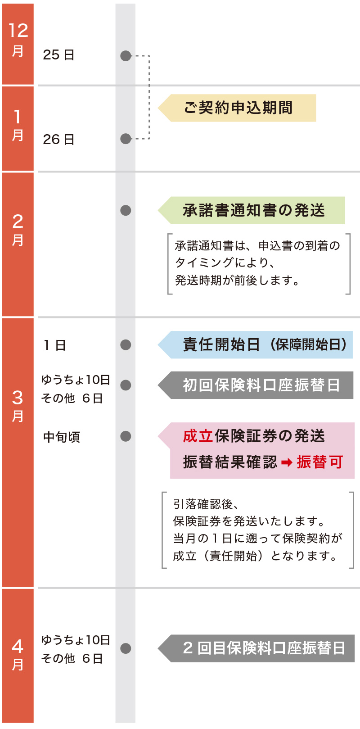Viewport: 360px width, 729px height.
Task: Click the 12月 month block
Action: [x=18, y=44]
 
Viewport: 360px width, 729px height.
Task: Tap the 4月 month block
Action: [x=18, y=655]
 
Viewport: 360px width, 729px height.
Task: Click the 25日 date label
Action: [x=58, y=55]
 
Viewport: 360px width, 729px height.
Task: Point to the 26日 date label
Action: [x=58, y=140]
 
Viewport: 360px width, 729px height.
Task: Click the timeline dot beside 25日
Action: [x=126, y=56]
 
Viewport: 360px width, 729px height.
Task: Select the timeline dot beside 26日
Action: [x=126, y=139]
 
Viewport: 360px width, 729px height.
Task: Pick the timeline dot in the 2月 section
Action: [x=126, y=210]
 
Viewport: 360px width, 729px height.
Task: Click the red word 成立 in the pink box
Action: [x=198, y=436]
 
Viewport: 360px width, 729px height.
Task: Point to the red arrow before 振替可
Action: [x=287, y=462]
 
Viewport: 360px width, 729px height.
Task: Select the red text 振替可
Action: [x=319, y=462]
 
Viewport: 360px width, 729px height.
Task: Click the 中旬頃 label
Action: [x=62, y=437]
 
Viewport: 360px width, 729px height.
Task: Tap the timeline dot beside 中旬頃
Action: [x=126, y=436]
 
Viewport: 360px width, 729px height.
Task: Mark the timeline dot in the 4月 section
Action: [x=126, y=648]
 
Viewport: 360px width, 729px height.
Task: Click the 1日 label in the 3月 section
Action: [x=54, y=345]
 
